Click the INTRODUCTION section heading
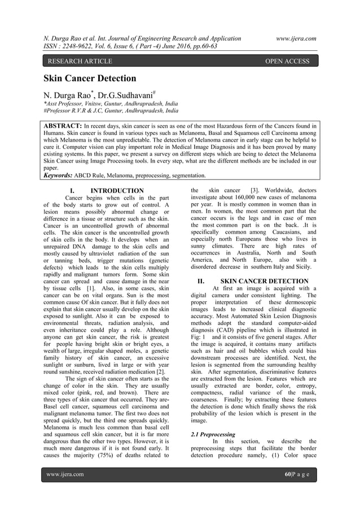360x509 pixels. [x=117, y=191]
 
